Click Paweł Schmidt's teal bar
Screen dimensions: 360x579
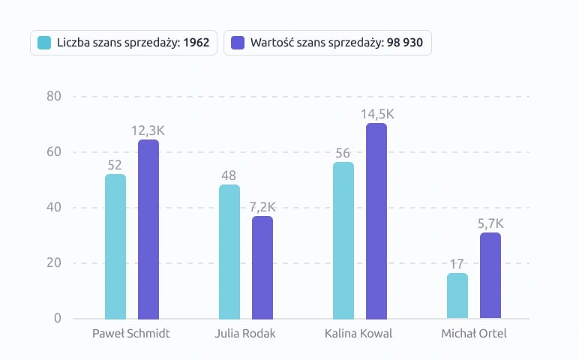pos(115,246)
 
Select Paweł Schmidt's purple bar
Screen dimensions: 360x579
pos(148,229)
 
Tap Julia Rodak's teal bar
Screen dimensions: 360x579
pos(229,251)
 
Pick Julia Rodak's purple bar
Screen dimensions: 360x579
pos(262,267)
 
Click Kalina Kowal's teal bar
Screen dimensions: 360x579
pos(343,240)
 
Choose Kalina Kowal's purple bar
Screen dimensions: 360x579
pos(376,220)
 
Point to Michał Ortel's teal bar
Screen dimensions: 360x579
pos(457,295)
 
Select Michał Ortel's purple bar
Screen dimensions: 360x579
pos(490,275)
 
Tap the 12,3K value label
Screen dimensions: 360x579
pos(148,130)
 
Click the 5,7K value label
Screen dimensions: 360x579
pos(490,223)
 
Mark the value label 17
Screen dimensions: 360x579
pos(457,264)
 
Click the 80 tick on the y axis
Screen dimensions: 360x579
pos(53,96)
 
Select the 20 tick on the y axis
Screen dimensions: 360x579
pos(53,263)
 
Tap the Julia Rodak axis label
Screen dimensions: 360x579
pos(245,333)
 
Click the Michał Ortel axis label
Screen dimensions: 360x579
pos(473,333)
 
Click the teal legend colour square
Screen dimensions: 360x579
pos(44,43)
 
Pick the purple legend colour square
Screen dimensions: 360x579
pos(238,43)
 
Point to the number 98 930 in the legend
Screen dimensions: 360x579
pos(405,43)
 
